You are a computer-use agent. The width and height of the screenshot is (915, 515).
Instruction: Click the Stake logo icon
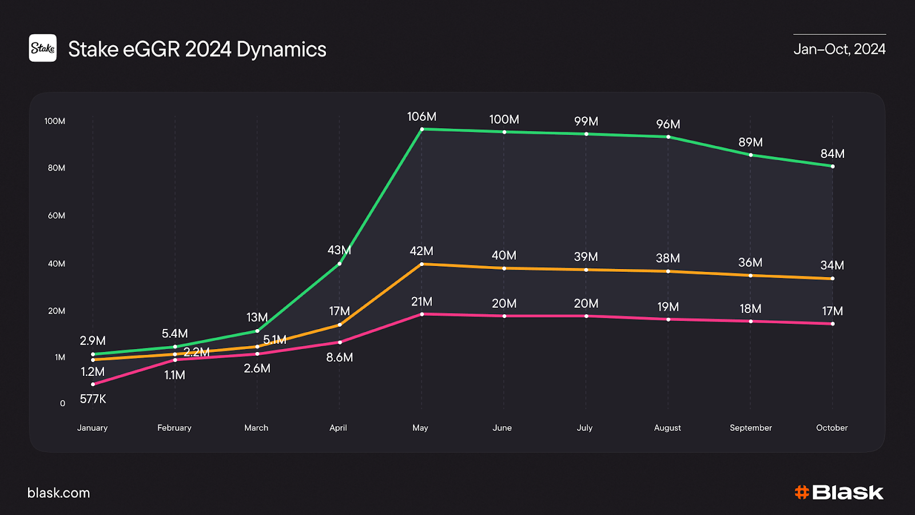click(43, 48)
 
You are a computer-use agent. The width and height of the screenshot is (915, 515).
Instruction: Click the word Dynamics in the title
click(281, 50)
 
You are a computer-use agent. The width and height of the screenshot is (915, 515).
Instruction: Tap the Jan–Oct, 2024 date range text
click(839, 49)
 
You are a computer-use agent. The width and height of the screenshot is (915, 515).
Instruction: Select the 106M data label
click(421, 117)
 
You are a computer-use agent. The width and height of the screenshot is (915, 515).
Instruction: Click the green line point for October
click(833, 167)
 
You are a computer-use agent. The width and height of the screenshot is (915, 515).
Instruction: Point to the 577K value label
click(93, 399)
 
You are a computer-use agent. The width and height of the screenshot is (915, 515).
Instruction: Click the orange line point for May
click(422, 264)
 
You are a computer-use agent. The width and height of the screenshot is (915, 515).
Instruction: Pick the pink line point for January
click(93, 385)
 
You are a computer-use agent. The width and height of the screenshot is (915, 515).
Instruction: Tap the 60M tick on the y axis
click(57, 216)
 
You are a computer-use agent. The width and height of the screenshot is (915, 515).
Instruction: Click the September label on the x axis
click(750, 428)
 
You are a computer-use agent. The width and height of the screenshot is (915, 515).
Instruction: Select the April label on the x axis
click(338, 428)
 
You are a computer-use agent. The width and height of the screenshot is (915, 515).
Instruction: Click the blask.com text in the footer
click(59, 493)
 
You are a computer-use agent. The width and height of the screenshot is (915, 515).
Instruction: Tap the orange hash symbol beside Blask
click(802, 492)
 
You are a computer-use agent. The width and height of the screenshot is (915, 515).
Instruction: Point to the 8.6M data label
click(340, 358)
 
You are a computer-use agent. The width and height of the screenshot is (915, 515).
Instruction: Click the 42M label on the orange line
click(421, 251)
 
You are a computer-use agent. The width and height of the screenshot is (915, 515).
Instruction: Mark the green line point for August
click(669, 137)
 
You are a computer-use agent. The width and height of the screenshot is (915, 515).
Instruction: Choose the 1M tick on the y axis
click(60, 358)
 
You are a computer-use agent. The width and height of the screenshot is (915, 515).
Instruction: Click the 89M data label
click(750, 142)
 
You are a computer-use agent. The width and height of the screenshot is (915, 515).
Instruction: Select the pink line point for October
click(833, 324)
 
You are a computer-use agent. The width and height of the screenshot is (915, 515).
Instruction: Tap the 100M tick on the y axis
click(55, 121)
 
